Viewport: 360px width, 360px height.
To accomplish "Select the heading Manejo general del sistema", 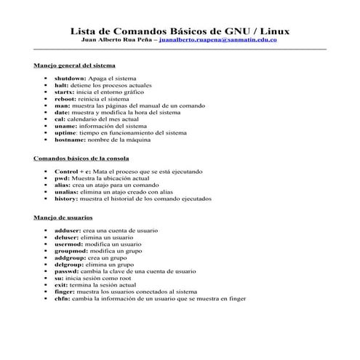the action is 74,65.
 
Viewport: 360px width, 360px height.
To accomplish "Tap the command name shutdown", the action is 71,77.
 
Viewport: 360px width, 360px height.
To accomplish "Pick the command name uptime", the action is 66,133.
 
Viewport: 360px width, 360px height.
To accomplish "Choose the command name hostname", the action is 70,140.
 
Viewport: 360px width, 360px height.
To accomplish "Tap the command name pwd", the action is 61,177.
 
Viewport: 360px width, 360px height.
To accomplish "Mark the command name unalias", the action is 67,191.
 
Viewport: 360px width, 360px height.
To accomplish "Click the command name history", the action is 65,198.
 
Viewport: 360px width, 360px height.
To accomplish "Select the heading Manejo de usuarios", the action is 63,217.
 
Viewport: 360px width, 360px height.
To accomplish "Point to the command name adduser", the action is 68,230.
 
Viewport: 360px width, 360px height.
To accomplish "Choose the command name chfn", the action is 62,298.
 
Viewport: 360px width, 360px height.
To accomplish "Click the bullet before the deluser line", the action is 46,237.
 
